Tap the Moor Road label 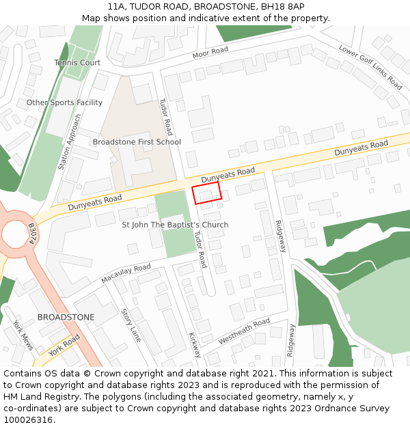tap(210, 53)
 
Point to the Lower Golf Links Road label tap(370, 66)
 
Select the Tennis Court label tap(77, 63)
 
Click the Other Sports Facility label tap(64, 102)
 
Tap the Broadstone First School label tap(137, 142)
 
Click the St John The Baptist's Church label tap(175, 225)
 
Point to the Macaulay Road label tap(126, 273)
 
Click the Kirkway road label tap(195, 344)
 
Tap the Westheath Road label tap(244, 331)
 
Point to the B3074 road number tap(31, 234)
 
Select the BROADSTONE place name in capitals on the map tap(66, 318)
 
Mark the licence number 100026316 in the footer tap(29, 420)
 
